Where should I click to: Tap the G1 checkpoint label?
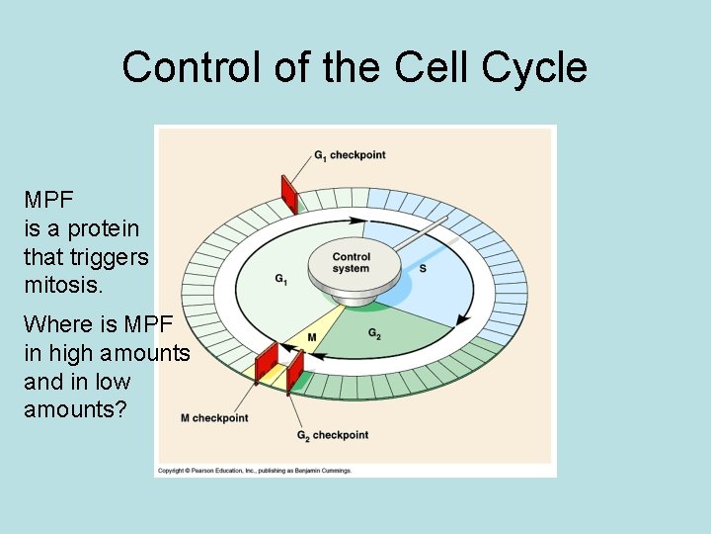click(x=350, y=155)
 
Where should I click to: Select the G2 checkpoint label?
click(x=333, y=435)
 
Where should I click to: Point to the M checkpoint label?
click(x=214, y=418)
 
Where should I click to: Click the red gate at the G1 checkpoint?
click(x=289, y=194)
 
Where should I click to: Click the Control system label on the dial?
click(x=351, y=263)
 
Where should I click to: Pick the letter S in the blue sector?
click(x=423, y=269)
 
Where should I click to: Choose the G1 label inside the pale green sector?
click(x=282, y=279)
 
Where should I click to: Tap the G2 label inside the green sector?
click(x=375, y=333)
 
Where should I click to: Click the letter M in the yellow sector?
click(x=311, y=337)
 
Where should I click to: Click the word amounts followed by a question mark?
click(x=75, y=409)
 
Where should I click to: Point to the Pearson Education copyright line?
click(x=255, y=471)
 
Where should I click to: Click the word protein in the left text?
click(x=104, y=228)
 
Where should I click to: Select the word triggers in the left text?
click(x=111, y=257)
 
